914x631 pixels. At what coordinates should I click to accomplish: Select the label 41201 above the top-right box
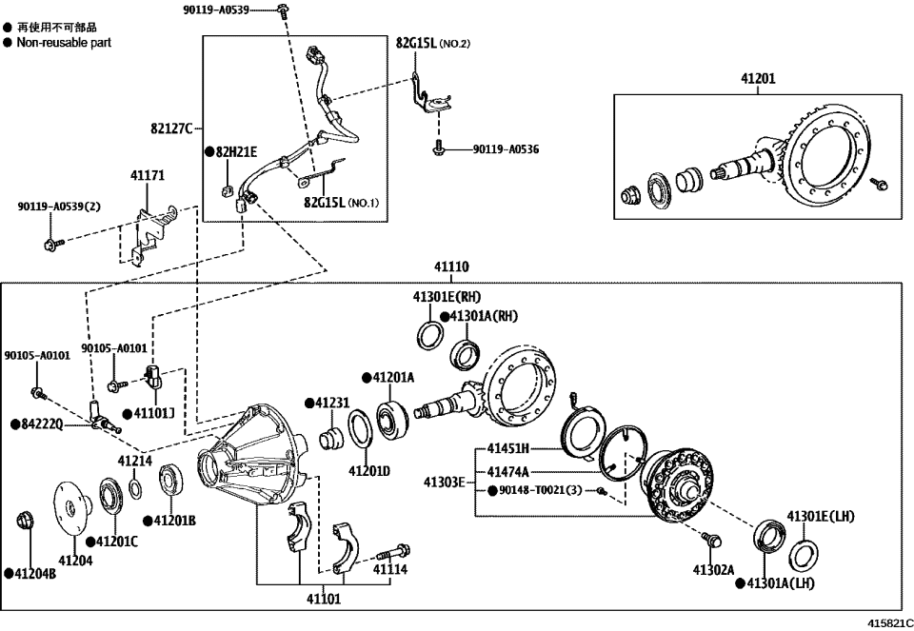tap(758, 79)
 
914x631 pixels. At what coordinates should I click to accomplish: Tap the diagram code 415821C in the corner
tap(889, 621)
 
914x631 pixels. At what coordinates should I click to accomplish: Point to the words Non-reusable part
tap(64, 43)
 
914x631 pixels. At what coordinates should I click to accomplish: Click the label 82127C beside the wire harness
tap(172, 128)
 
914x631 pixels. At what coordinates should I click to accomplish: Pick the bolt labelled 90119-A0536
tap(438, 149)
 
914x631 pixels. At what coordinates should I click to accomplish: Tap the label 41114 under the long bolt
tap(389, 569)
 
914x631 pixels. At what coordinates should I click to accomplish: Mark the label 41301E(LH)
tap(820, 517)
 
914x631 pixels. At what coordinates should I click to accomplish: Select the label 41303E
tap(444, 482)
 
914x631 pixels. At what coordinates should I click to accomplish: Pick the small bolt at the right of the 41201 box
tap(879, 183)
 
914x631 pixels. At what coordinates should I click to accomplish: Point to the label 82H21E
tap(235, 151)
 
